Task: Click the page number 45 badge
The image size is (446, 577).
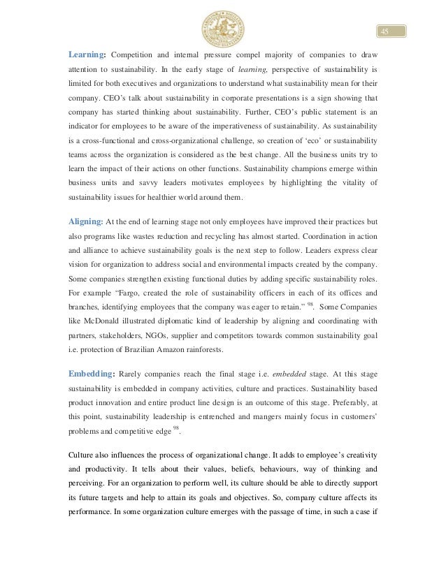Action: coord(384,31)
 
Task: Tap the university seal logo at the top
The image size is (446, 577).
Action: coord(222,27)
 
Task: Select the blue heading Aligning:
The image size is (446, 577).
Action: coord(85,221)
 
